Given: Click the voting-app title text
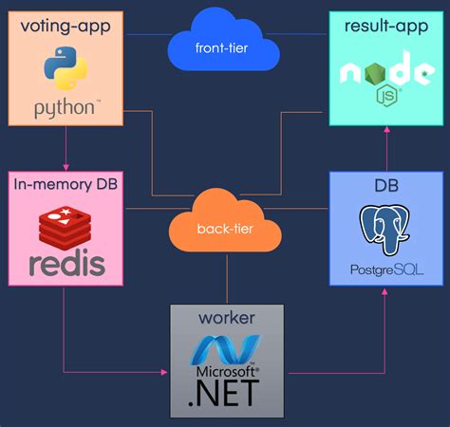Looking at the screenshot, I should coord(65,28).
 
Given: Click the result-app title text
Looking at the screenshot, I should coord(385,28).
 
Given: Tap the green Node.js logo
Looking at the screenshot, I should coord(385,76).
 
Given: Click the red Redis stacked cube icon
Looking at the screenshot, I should coord(65,227).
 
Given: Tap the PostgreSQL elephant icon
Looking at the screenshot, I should coord(385,229).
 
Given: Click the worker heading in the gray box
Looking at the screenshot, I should coord(228,316).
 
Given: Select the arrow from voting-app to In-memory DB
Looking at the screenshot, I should coord(65,147).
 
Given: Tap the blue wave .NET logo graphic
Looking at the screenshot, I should coord(227,348).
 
